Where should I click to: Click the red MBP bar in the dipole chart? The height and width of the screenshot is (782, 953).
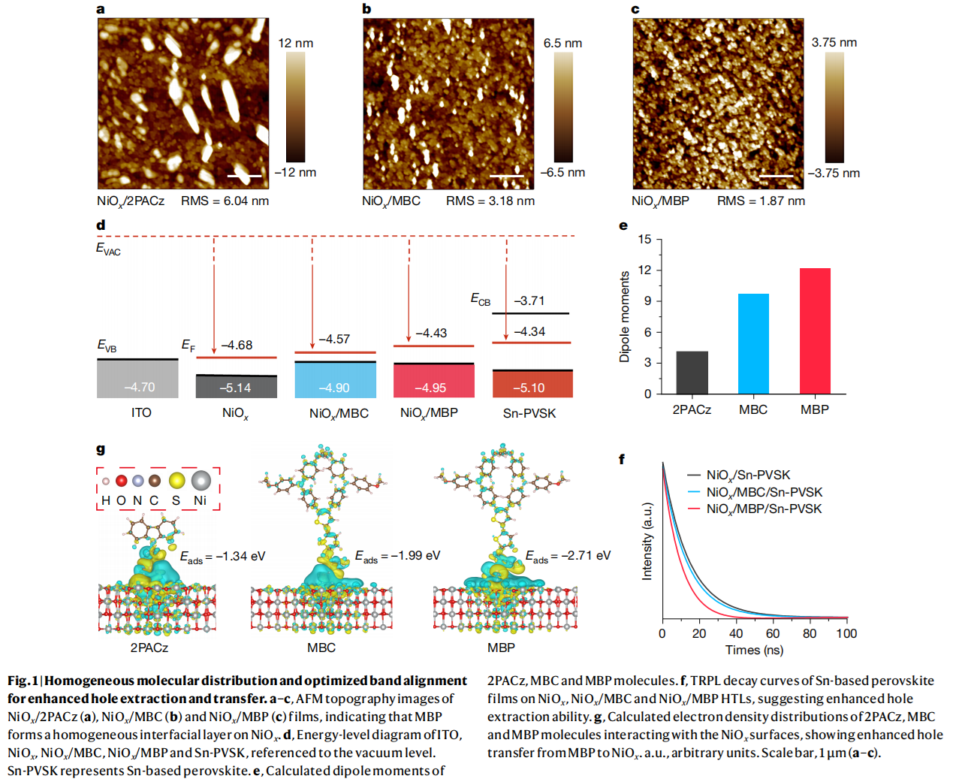coord(815,331)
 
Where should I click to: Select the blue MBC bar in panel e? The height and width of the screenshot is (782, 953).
coord(753,344)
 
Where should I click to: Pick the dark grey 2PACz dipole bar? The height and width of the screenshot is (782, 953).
coord(692,373)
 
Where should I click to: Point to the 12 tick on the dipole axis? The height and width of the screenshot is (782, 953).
coord(645,270)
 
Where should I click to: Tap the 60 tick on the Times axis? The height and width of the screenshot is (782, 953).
coord(773,633)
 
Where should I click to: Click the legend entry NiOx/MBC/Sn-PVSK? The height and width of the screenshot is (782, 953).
coord(764,492)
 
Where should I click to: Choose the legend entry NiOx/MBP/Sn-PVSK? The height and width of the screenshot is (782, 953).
coord(764,509)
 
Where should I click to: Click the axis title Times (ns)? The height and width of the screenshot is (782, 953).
coord(754,650)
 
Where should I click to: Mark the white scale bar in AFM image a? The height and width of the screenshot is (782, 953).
coord(244,177)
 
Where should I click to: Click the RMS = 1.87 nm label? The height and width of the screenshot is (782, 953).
coord(761,201)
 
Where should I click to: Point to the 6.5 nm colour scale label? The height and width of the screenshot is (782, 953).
coord(562,43)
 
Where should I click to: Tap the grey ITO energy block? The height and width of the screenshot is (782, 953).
coord(138,379)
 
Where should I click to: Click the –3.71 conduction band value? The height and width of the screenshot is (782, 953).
coord(529,300)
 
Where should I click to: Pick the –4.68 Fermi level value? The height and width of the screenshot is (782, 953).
coord(237,345)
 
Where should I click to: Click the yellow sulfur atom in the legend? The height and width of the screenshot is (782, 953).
coord(176,481)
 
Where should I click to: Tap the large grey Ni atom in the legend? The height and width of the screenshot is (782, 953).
coord(201,480)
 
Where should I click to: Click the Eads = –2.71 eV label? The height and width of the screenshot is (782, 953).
coord(568,556)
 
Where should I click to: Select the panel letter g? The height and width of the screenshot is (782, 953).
coord(101,448)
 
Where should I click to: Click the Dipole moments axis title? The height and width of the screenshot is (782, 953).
coord(624,316)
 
